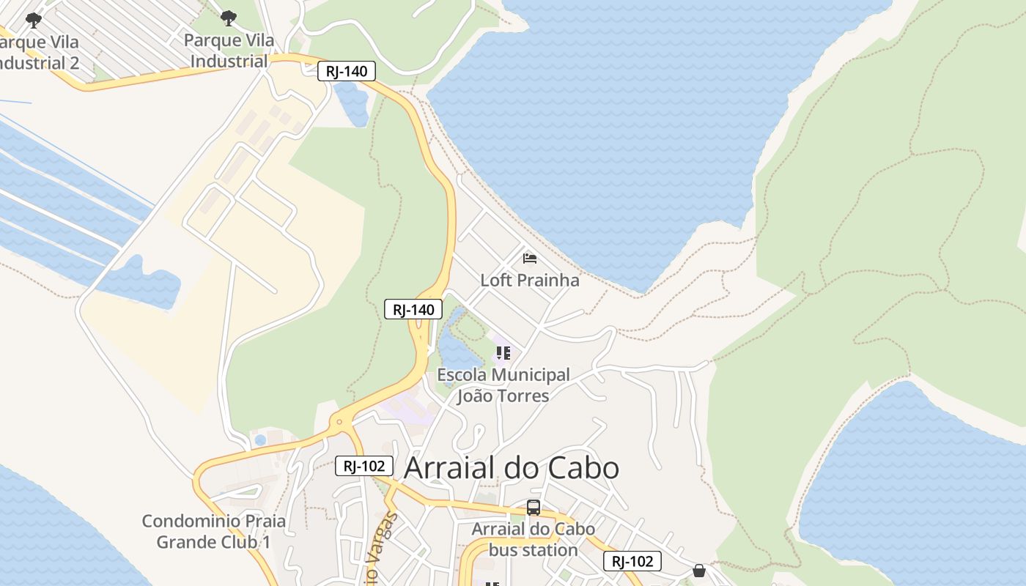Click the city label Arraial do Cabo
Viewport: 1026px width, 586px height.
pyautogui.click(x=512, y=468)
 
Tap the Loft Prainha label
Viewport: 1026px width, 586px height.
pyautogui.click(x=529, y=280)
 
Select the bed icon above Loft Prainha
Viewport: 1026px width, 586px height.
pyautogui.click(x=529, y=258)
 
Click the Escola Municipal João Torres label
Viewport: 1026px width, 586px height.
pyautogui.click(x=503, y=385)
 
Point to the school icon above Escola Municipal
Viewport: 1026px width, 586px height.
pyautogui.click(x=503, y=353)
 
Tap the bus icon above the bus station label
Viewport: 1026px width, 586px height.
pyautogui.click(x=534, y=507)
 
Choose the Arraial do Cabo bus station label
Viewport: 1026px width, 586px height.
pyautogui.click(x=533, y=539)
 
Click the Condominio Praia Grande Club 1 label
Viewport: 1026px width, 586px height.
pyautogui.click(x=213, y=532)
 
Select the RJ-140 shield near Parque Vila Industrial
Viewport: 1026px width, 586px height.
pyautogui.click(x=347, y=71)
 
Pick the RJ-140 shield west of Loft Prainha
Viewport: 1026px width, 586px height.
pyautogui.click(x=413, y=309)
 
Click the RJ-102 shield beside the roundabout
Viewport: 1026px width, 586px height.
pyautogui.click(x=364, y=466)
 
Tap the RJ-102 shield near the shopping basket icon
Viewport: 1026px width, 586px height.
pyautogui.click(x=632, y=561)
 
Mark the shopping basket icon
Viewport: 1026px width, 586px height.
pyautogui.click(x=699, y=570)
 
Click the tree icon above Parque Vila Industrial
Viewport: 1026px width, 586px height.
pyautogui.click(x=229, y=17)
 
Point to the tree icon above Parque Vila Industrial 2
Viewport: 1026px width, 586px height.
pyautogui.click(x=33, y=19)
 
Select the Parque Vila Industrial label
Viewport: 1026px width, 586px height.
pyautogui.click(x=229, y=51)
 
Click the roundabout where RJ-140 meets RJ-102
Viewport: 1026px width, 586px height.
pyautogui.click(x=339, y=422)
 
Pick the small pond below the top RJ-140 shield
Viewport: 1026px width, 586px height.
pyautogui.click(x=352, y=103)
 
